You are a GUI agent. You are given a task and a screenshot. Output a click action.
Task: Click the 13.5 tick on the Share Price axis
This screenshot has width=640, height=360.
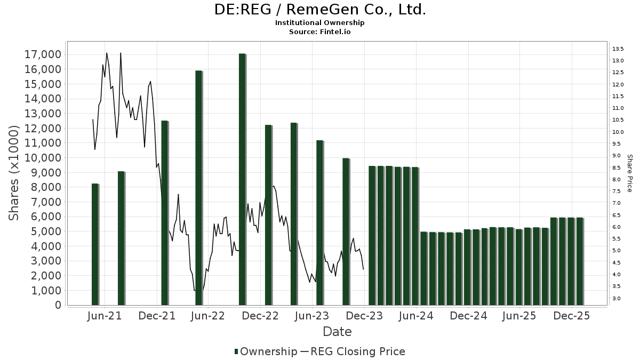(x=618, y=49)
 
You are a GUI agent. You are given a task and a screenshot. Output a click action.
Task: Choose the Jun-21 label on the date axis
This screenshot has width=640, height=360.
(x=104, y=316)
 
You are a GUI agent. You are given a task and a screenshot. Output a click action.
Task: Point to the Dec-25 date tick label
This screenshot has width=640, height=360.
(x=571, y=316)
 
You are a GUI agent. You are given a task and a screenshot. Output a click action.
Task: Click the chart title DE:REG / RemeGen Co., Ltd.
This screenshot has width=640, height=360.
(x=320, y=10)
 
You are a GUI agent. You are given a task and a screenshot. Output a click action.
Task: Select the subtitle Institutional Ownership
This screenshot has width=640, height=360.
(x=320, y=23)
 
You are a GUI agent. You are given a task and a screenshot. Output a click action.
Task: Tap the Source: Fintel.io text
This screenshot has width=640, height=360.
(x=320, y=31)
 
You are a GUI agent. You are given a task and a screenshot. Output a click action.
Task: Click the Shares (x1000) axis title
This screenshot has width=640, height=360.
(x=14, y=173)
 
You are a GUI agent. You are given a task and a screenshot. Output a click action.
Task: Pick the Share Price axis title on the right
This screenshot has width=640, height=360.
(x=629, y=173)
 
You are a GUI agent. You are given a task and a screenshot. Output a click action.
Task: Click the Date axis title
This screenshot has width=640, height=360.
(x=337, y=332)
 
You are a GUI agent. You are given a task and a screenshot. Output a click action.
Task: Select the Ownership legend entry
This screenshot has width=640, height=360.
(x=266, y=351)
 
